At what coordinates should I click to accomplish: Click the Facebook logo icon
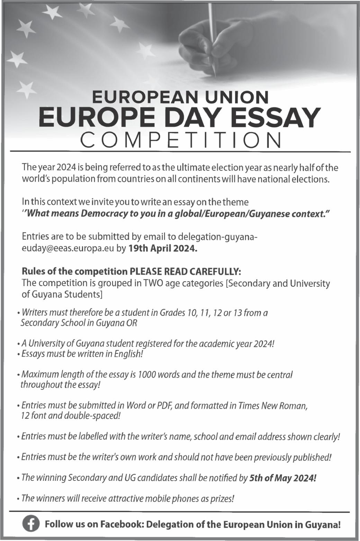[31, 524]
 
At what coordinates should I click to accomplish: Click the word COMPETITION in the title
[180, 140]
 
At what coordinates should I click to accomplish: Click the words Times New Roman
[273, 405]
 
